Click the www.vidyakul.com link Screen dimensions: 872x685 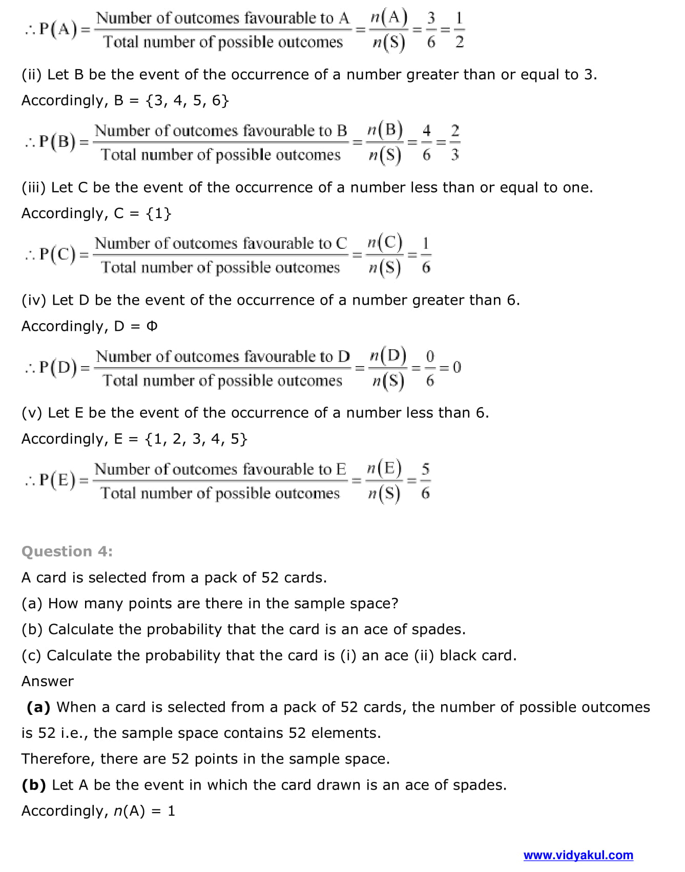tap(578, 855)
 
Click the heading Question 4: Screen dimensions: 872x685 tap(67, 551)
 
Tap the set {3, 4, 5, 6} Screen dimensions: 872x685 tap(188, 100)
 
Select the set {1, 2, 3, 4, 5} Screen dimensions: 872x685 tap(196, 439)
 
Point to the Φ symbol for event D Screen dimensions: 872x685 tap(152, 326)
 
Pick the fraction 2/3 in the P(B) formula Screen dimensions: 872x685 tap(454, 142)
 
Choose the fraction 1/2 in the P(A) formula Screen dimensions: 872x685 tap(459, 30)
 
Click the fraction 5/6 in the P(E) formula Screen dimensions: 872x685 tap(425, 481)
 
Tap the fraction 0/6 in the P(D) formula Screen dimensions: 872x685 tap(430, 368)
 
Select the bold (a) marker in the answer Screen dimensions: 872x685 tap(38, 707)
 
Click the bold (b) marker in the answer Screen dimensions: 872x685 tap(34, 785)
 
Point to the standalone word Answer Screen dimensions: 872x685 tap(48, 681)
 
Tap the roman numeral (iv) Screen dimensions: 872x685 tap(34, 300)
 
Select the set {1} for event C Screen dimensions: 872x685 tap(159, 213)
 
